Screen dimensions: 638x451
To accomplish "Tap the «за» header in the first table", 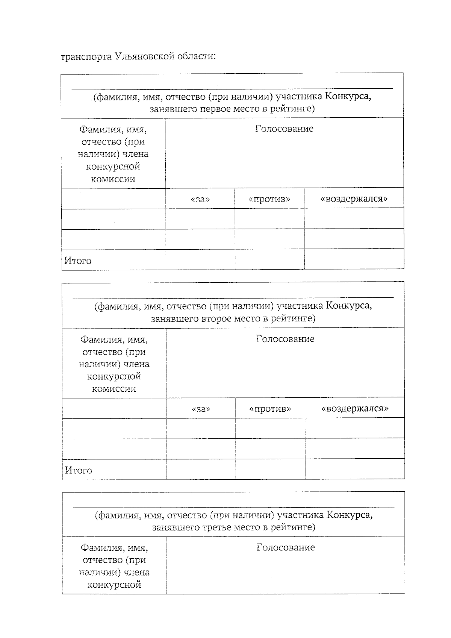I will pyautogui.click(x=200, y=199).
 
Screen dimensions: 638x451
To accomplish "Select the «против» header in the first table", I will pyautogui.click(x=269, y=199).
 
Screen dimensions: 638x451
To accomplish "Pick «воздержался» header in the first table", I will pyautogui.click(x=354, y=199).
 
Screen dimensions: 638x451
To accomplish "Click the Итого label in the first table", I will pyautogui.click(x=78, y=261).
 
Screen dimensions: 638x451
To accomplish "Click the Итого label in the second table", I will pyautogui.click(x=79, y=470).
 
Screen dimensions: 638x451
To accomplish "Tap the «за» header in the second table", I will pyautogui.click(x=201, y=409).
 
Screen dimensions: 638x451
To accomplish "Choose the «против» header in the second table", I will pyautogui.click(x=270, y=409).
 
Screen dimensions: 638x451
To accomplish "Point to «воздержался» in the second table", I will pyautogui.click(x=355, y=408).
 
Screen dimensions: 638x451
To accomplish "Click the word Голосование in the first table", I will pyautogui.click(x=284, y=129).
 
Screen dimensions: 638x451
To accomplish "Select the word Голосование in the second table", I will pyautogui.click(x=285, y=339).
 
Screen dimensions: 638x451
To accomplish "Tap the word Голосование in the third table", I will pyautogui.click(x=286, y=548).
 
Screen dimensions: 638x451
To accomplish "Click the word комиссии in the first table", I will pyautogui.click(x=113, y=179).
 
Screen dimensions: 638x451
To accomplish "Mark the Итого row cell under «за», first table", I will pyautogui.click(x=200, y=259).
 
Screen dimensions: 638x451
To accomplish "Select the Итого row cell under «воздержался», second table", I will pyautogui.click(x=355, y=469).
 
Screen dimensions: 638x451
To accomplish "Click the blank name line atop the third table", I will pyautogui.click(x=233, y=506).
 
